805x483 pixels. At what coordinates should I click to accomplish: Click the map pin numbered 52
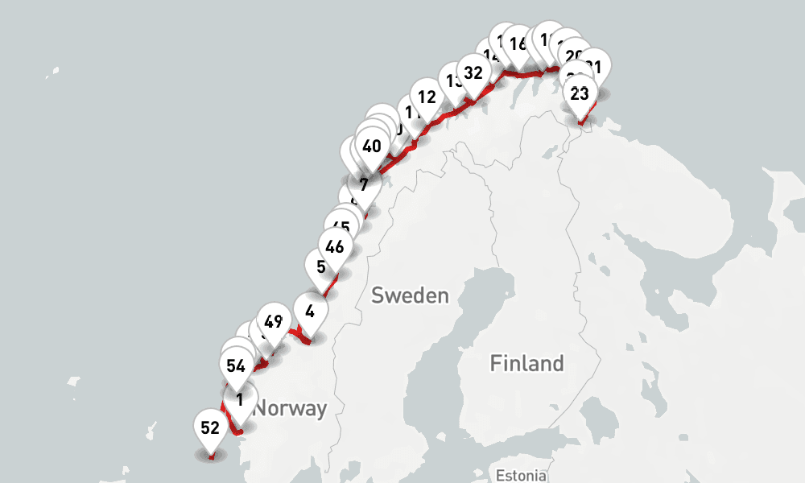click(210, 428)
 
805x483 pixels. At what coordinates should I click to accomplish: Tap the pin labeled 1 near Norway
click(239, 399)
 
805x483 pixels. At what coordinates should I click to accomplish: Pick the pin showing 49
click(273, 323)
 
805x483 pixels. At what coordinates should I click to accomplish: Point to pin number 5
click(321, 266)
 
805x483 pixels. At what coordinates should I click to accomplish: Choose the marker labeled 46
click(335, 246)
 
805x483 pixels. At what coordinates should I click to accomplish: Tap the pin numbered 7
click(364, 185)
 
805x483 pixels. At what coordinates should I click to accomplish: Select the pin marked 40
click(371, 147)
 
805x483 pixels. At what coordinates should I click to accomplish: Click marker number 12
click(427, 97)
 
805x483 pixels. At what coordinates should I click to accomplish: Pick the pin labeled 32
click(473, 73)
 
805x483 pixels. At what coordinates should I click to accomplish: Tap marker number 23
click(580, 93)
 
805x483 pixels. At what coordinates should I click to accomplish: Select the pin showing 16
click(518, 44)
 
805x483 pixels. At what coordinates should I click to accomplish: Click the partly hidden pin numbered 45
click(341, 226)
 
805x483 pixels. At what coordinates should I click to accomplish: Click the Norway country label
click(290, 409)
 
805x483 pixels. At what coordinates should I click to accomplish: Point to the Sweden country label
click(410, 295)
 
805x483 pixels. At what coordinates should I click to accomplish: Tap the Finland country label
click(527, 364)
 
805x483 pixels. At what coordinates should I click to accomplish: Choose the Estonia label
click(521, 475)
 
